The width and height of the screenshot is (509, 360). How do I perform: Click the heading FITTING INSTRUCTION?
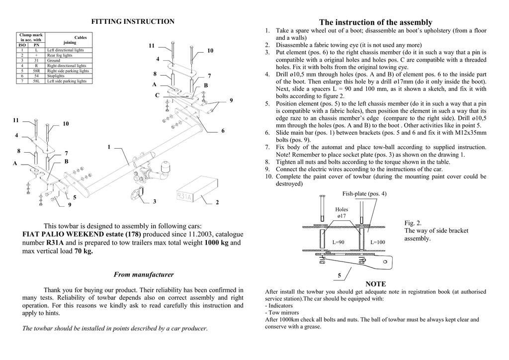click(132, 21)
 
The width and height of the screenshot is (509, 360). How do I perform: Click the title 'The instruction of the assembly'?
click(376, 22)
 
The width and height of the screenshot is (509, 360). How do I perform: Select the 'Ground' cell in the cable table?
click(54, 60)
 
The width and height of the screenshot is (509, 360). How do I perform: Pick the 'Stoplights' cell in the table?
click(56, 76)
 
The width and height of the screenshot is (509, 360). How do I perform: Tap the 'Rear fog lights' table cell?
click(60, 55)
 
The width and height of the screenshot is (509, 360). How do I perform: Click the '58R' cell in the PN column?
click(36, 71)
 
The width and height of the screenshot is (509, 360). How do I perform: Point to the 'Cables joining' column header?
click(70, 40)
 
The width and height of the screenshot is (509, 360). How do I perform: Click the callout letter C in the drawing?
click(157, 95)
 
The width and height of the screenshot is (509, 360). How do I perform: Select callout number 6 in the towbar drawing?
click(223, 131)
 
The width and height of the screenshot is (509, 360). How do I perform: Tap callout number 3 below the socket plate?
click(155, 201)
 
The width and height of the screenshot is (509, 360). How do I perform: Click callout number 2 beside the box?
click(217, 202)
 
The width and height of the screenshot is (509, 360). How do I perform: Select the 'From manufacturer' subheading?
click(144, 274)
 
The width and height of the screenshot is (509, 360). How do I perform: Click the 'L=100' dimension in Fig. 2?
click(378, 242)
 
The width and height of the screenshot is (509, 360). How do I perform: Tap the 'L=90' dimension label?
click(339, 242)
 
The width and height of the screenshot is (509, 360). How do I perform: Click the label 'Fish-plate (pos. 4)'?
click(364, 193)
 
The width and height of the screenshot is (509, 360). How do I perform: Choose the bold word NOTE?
click(375, 284)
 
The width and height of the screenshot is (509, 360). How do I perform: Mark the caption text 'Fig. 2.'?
click(413, 223)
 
